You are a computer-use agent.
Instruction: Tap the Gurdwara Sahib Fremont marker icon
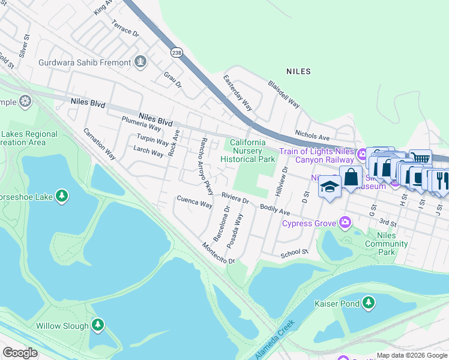click(x=140, y=62)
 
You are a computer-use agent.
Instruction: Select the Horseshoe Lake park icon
click(x=61, y=196)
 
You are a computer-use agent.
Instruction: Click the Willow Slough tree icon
click(x=97, y=325)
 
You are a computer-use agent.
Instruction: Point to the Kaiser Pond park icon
click(x=369, y=304)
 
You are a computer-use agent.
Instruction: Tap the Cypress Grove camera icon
click(x=345, y=223)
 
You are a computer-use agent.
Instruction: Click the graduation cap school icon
click(x=329, y=187)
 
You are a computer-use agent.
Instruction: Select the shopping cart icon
click(x=421, y=158)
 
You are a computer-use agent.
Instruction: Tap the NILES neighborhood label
click(x=298, y=71)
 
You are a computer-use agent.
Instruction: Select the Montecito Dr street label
click(x=217, y=253)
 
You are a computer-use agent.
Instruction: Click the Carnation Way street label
click(x=99, y=143)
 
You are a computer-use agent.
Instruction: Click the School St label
click(x=294, y=254)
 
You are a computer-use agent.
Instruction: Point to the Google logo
click(x=20, y=353)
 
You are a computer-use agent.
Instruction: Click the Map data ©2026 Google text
click(x=412, y=355)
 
